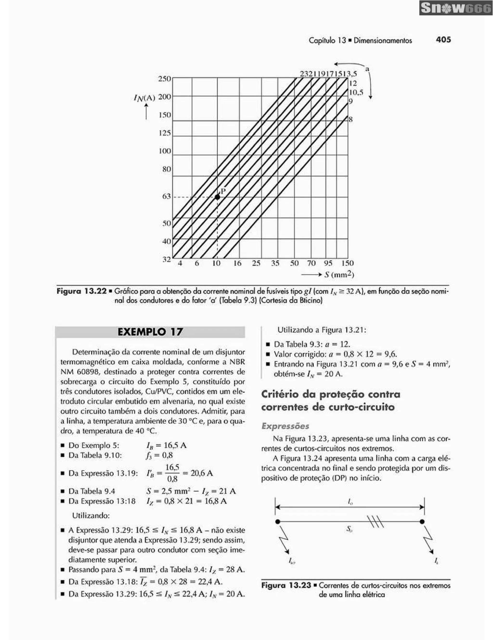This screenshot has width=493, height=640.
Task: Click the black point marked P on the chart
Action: [x=217, y=197]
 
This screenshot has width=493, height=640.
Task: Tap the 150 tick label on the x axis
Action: [x=347, y=263]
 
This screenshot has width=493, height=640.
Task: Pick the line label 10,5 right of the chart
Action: [x=356, y=93]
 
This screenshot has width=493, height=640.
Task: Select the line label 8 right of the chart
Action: [x=350, y=120]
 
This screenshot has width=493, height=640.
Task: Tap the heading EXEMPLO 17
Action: [x=150, y=332]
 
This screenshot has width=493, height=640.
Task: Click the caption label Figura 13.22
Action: [x=81, y=292]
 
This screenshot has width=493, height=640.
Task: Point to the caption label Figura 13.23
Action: [x=286, y=585]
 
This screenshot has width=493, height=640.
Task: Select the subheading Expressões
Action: [x=285, y=426]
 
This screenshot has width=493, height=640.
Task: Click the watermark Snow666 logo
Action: [x=455, y=8]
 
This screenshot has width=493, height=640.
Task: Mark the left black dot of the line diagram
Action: [x=278, y=522]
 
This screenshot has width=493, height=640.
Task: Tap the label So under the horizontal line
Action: [x=349, y=529]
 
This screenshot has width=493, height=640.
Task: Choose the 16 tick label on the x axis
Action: [x=237, y=263]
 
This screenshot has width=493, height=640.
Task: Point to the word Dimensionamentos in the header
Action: [x=383, y=41]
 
